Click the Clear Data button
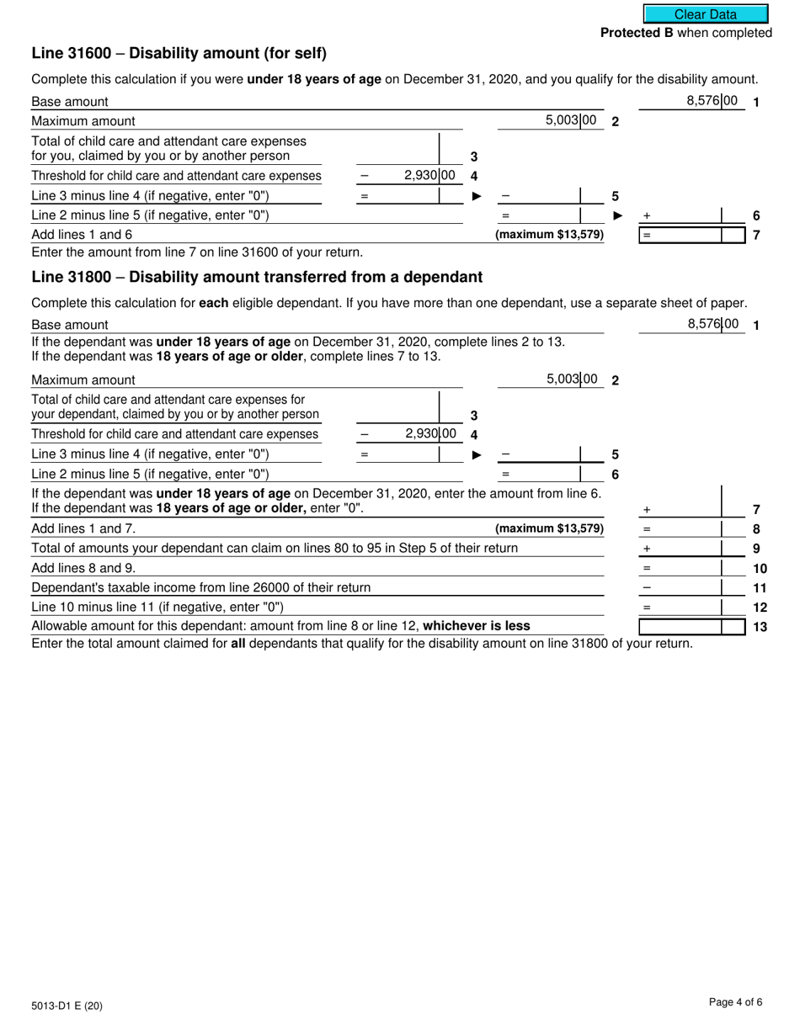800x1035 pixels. pyautogui.click(x=706, y=14)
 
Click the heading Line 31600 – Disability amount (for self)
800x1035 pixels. pyautogui.click(x=179, y=53)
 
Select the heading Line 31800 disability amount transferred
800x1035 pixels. pyautogui.click(x=257, y=277)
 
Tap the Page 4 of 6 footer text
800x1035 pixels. pyautogui.click(x=735, y=1001)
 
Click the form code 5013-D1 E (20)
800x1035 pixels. pyautogui.click(x=67, y=1006)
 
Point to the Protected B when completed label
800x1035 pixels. pyautogui.click(x=685, y=33)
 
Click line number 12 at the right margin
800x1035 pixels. pyautogui.click(x=759, y=608)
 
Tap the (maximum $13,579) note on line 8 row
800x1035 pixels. pyautogui.click(x=549, y=529)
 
